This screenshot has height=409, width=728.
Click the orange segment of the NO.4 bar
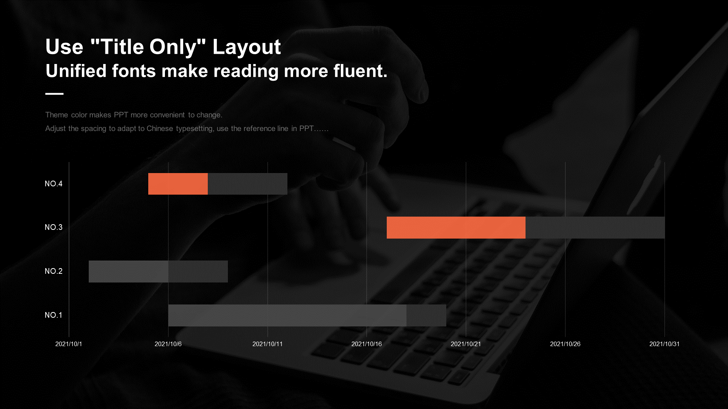click(x=178, y=184)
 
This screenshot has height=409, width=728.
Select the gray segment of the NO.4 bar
click(x=248, y=184)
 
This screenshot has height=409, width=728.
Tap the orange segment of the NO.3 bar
click(x=456, y=228)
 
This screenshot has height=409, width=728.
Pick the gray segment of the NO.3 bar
click(x=595, y=228)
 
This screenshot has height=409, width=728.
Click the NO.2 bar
click(x=158, y=272)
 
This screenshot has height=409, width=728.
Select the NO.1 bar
click(x=307, y=315)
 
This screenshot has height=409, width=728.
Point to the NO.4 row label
click(x=53, y=184)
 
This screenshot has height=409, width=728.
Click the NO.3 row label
click(x=53, y=227)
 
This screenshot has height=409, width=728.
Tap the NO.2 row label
click(x=53, y=271)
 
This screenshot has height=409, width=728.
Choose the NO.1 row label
click(x=53, y=315)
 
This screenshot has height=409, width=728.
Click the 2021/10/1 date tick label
click(x=69, y=344)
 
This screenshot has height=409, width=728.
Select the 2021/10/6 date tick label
click(x=168, y=344)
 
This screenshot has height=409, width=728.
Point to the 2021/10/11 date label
click(x=268, y=344)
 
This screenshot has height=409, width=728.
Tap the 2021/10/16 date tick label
click(x=367, y=344)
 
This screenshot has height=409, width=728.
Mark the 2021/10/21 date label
click(x=466, y=344)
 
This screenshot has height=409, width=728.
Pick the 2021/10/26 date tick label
click(x=565, y=344)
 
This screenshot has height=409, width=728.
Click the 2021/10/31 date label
click(x=665, y=344)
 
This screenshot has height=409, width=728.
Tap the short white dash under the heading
click(x=55, y=94)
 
